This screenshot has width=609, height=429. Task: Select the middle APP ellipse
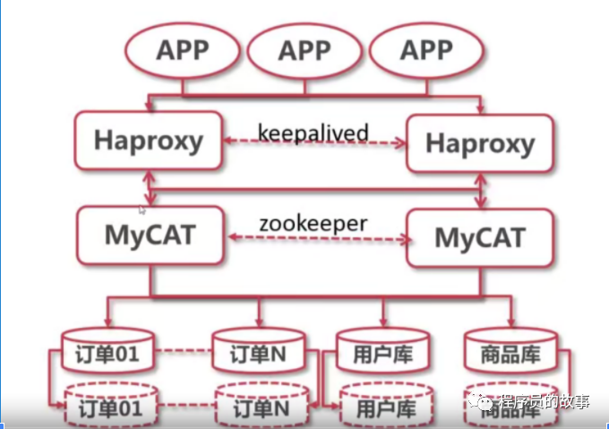304,51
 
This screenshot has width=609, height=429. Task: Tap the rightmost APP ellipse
426,51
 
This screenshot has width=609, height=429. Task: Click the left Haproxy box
149,141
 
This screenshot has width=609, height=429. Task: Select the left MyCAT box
150,235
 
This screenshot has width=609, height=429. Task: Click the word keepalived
313,133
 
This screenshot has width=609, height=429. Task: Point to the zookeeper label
313,223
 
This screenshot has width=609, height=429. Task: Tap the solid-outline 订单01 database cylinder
108,351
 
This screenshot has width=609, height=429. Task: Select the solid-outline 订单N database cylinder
258,351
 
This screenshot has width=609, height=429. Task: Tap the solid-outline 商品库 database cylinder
510,351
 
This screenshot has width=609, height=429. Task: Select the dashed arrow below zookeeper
313,239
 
